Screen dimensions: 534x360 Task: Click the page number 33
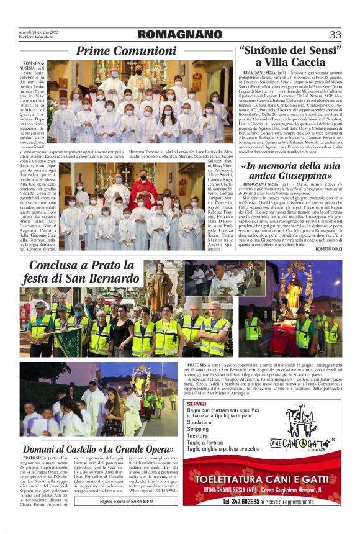[x=335, y=35]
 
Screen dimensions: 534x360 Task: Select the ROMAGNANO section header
[x=179, y=35]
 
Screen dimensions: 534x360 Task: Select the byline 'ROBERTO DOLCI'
[x=328, y=248]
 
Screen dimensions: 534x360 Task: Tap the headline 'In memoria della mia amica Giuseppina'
[x=290, y=172]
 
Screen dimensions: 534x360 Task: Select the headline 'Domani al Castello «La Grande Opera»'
[x=98, y=450]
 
